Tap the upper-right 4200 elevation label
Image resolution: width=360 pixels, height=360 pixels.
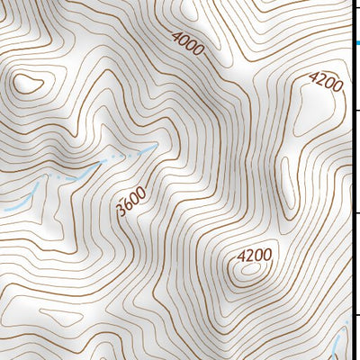click(x=325, y=84)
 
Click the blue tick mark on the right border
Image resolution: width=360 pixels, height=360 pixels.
click(x=356, y=42)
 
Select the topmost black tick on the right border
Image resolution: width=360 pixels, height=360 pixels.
click(x=356, y=109)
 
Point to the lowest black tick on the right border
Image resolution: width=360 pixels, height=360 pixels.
click(x=356, y=314)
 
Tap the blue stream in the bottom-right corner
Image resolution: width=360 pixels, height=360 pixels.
click(x=338, y=342)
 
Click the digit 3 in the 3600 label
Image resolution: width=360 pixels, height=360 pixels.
click(x=121, y=212)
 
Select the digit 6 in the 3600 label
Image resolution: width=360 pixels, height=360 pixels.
click(x=127, y=206)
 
